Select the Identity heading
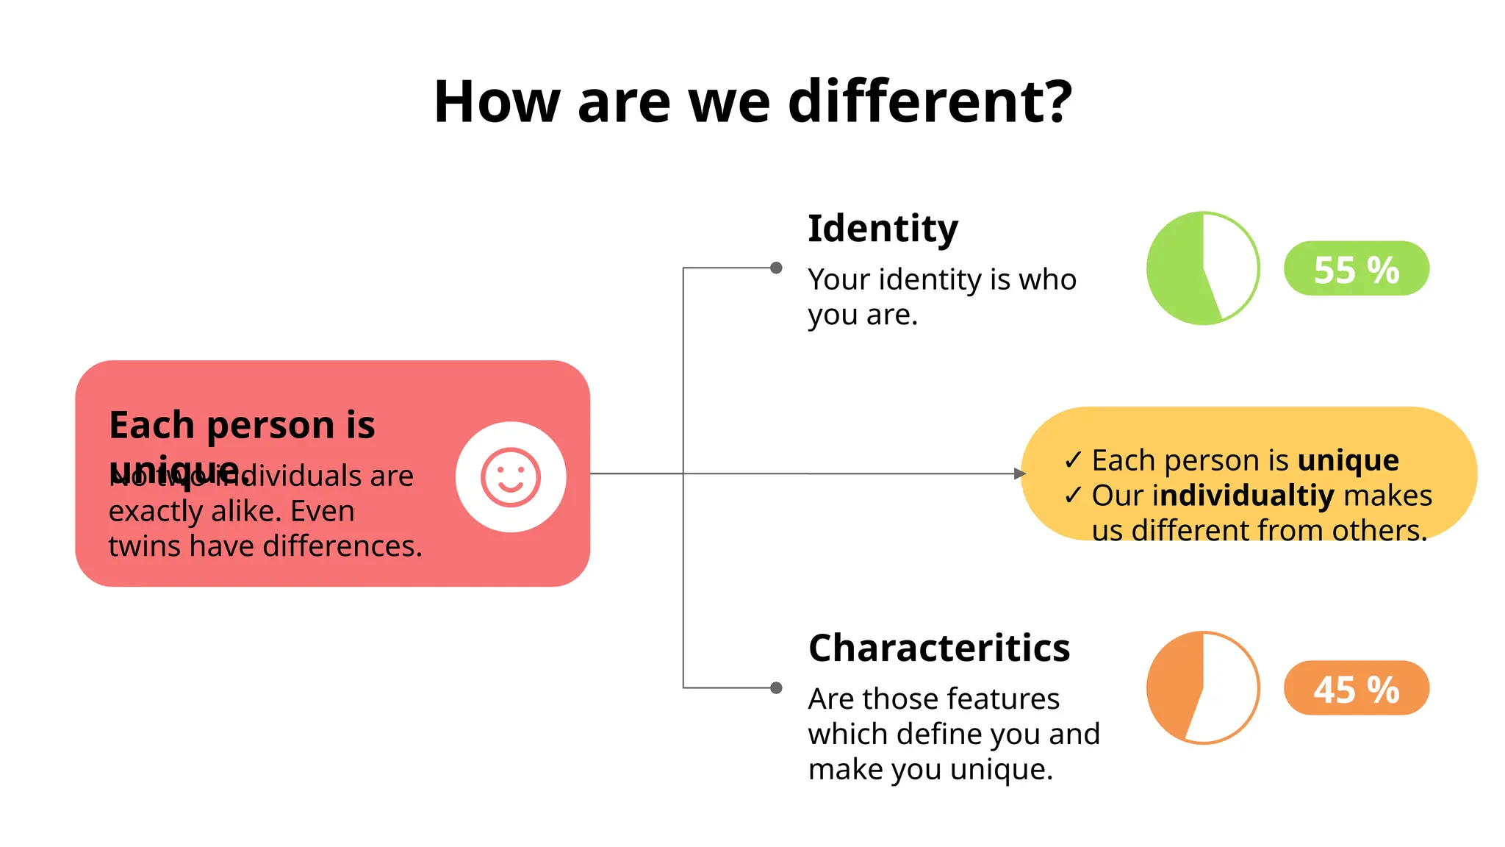(883, 228)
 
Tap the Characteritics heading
(938, 648)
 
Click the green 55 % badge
(1356, 269)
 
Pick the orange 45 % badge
(1356, 689)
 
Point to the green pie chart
(1203, 268)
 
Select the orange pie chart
(1203, 688)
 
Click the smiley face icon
(511, 477)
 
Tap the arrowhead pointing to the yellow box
(1019, 473)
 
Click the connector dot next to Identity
(776, 268)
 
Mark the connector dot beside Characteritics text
(776, 688)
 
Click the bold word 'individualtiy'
(1243, 496)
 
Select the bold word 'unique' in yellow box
(1348, 460)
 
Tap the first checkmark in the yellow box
(1073, 460)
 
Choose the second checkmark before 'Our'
(1073, 496)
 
